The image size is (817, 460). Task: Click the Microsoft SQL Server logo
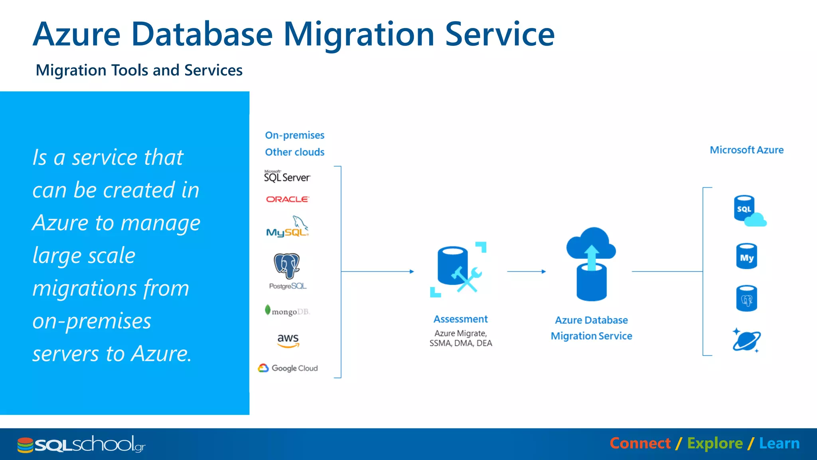(x=287, y=176)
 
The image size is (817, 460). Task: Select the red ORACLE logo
(x=287, y=199)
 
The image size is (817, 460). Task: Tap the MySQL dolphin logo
(x=288, y=227)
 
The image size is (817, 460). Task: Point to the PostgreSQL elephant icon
(x=287, y=266)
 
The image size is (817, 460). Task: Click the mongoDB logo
(x=287, y=311)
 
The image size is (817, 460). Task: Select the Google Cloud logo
(x=288, y=368)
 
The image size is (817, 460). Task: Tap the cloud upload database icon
(x=591, y=264)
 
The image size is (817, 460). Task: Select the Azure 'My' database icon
(x=746, y=256)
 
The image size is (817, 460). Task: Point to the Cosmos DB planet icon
(x=746, y=341)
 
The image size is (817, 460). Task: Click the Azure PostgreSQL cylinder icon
(x=746, y=299)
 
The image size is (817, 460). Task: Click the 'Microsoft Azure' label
(x=746, y=150)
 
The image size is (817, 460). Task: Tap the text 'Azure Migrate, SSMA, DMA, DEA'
(x=461, y=338)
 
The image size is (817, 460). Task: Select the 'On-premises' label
(x=294, y=135)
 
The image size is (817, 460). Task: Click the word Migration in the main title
(x=358, y=34)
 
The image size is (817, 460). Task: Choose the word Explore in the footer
(x=715, y=444)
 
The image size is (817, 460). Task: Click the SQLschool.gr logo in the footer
(x=81, y=444)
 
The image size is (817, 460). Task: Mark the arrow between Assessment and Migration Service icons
(x=526, y=272)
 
